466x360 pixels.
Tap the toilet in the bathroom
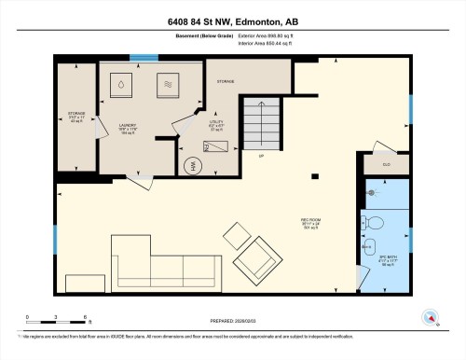point(373,222)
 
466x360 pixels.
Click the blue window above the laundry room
point(144,58)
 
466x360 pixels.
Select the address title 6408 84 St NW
point(233,21)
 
